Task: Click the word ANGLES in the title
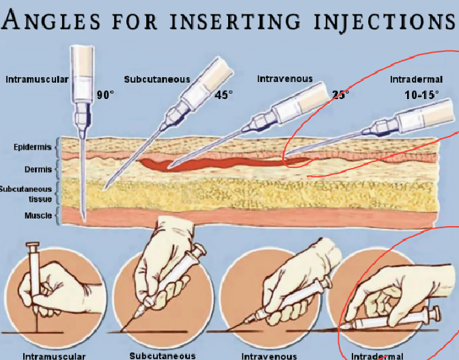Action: tap(51, 20)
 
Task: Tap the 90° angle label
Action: tap(105, 95)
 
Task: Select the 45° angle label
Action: tap(223, 95)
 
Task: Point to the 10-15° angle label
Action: tap(421, 95)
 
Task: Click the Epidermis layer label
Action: tap(33, 147)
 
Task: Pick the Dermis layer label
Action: tap(38, 169)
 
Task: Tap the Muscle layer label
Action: tap(38, 216)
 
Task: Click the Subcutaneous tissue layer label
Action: tap(26, 194)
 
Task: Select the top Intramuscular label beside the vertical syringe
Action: tap(37, 79)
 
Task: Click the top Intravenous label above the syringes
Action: tap(285, 79)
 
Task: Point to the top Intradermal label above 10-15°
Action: tap(416, 79)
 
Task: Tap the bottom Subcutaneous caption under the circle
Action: tap(163, 356)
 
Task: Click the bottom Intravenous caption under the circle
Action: tap(269, 356)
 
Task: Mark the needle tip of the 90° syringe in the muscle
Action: tap(84, 220)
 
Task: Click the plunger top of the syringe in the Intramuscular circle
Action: tap(33, 245)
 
